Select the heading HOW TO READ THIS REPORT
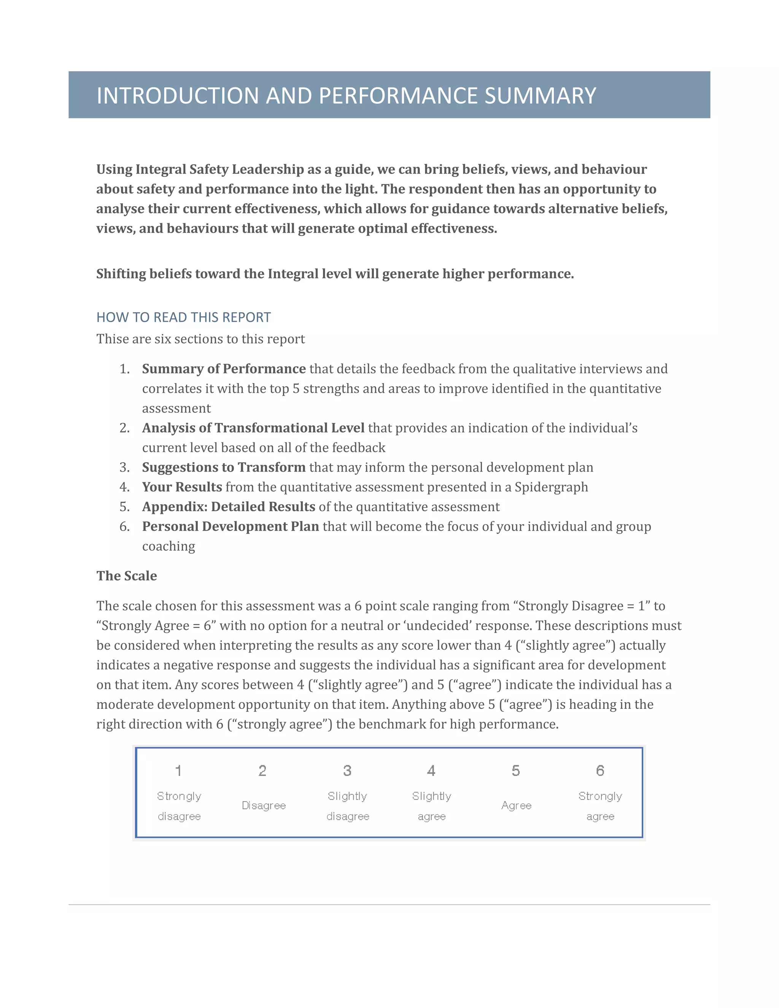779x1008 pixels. tap(183, 318)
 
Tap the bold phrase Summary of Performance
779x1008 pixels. tap(224, 369)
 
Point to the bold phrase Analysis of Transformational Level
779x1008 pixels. tap(253, 428)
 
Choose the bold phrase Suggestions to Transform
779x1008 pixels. tap(224, 467)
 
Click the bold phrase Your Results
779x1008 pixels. tap(182, 487)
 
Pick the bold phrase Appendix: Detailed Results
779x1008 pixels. tap(229, 507)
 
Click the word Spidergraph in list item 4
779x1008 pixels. tap(551, 487)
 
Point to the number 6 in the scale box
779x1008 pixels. tap(600, 771)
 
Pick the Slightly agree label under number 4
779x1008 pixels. tap(431, 806)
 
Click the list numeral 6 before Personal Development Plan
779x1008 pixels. tap(125, 526)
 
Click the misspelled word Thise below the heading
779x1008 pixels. tap(110, 339)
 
